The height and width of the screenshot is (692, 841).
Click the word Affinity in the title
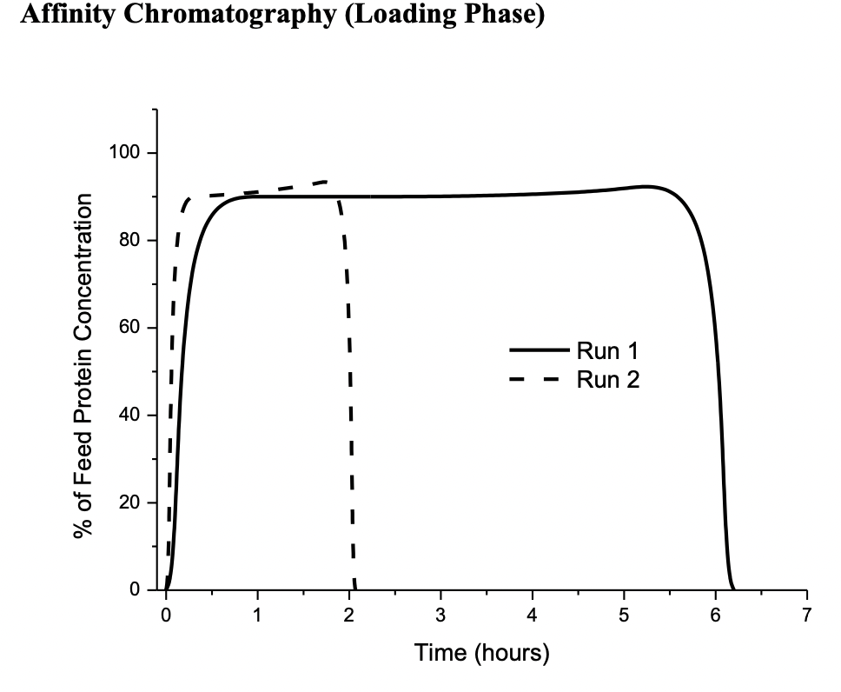coord(54,17)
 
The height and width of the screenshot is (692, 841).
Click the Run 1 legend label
coord(607,351)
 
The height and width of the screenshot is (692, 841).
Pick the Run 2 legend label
coord(607,379)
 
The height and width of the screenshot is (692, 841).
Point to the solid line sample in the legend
coord(539,351)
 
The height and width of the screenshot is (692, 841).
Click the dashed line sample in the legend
coord(539,379)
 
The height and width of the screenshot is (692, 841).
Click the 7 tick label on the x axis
coord(807,616)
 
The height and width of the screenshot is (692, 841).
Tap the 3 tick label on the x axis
coord(440,616)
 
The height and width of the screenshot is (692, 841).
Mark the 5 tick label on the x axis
coord(624,616)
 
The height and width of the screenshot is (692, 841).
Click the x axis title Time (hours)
coord(481,652)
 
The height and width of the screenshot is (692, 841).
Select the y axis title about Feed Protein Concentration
coord(83,365)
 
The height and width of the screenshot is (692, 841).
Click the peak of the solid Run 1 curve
coord(646,186)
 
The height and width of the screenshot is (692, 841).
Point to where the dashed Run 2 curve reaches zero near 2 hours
coord(355,589)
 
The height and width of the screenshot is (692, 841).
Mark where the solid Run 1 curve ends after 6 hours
coord(734,589)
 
